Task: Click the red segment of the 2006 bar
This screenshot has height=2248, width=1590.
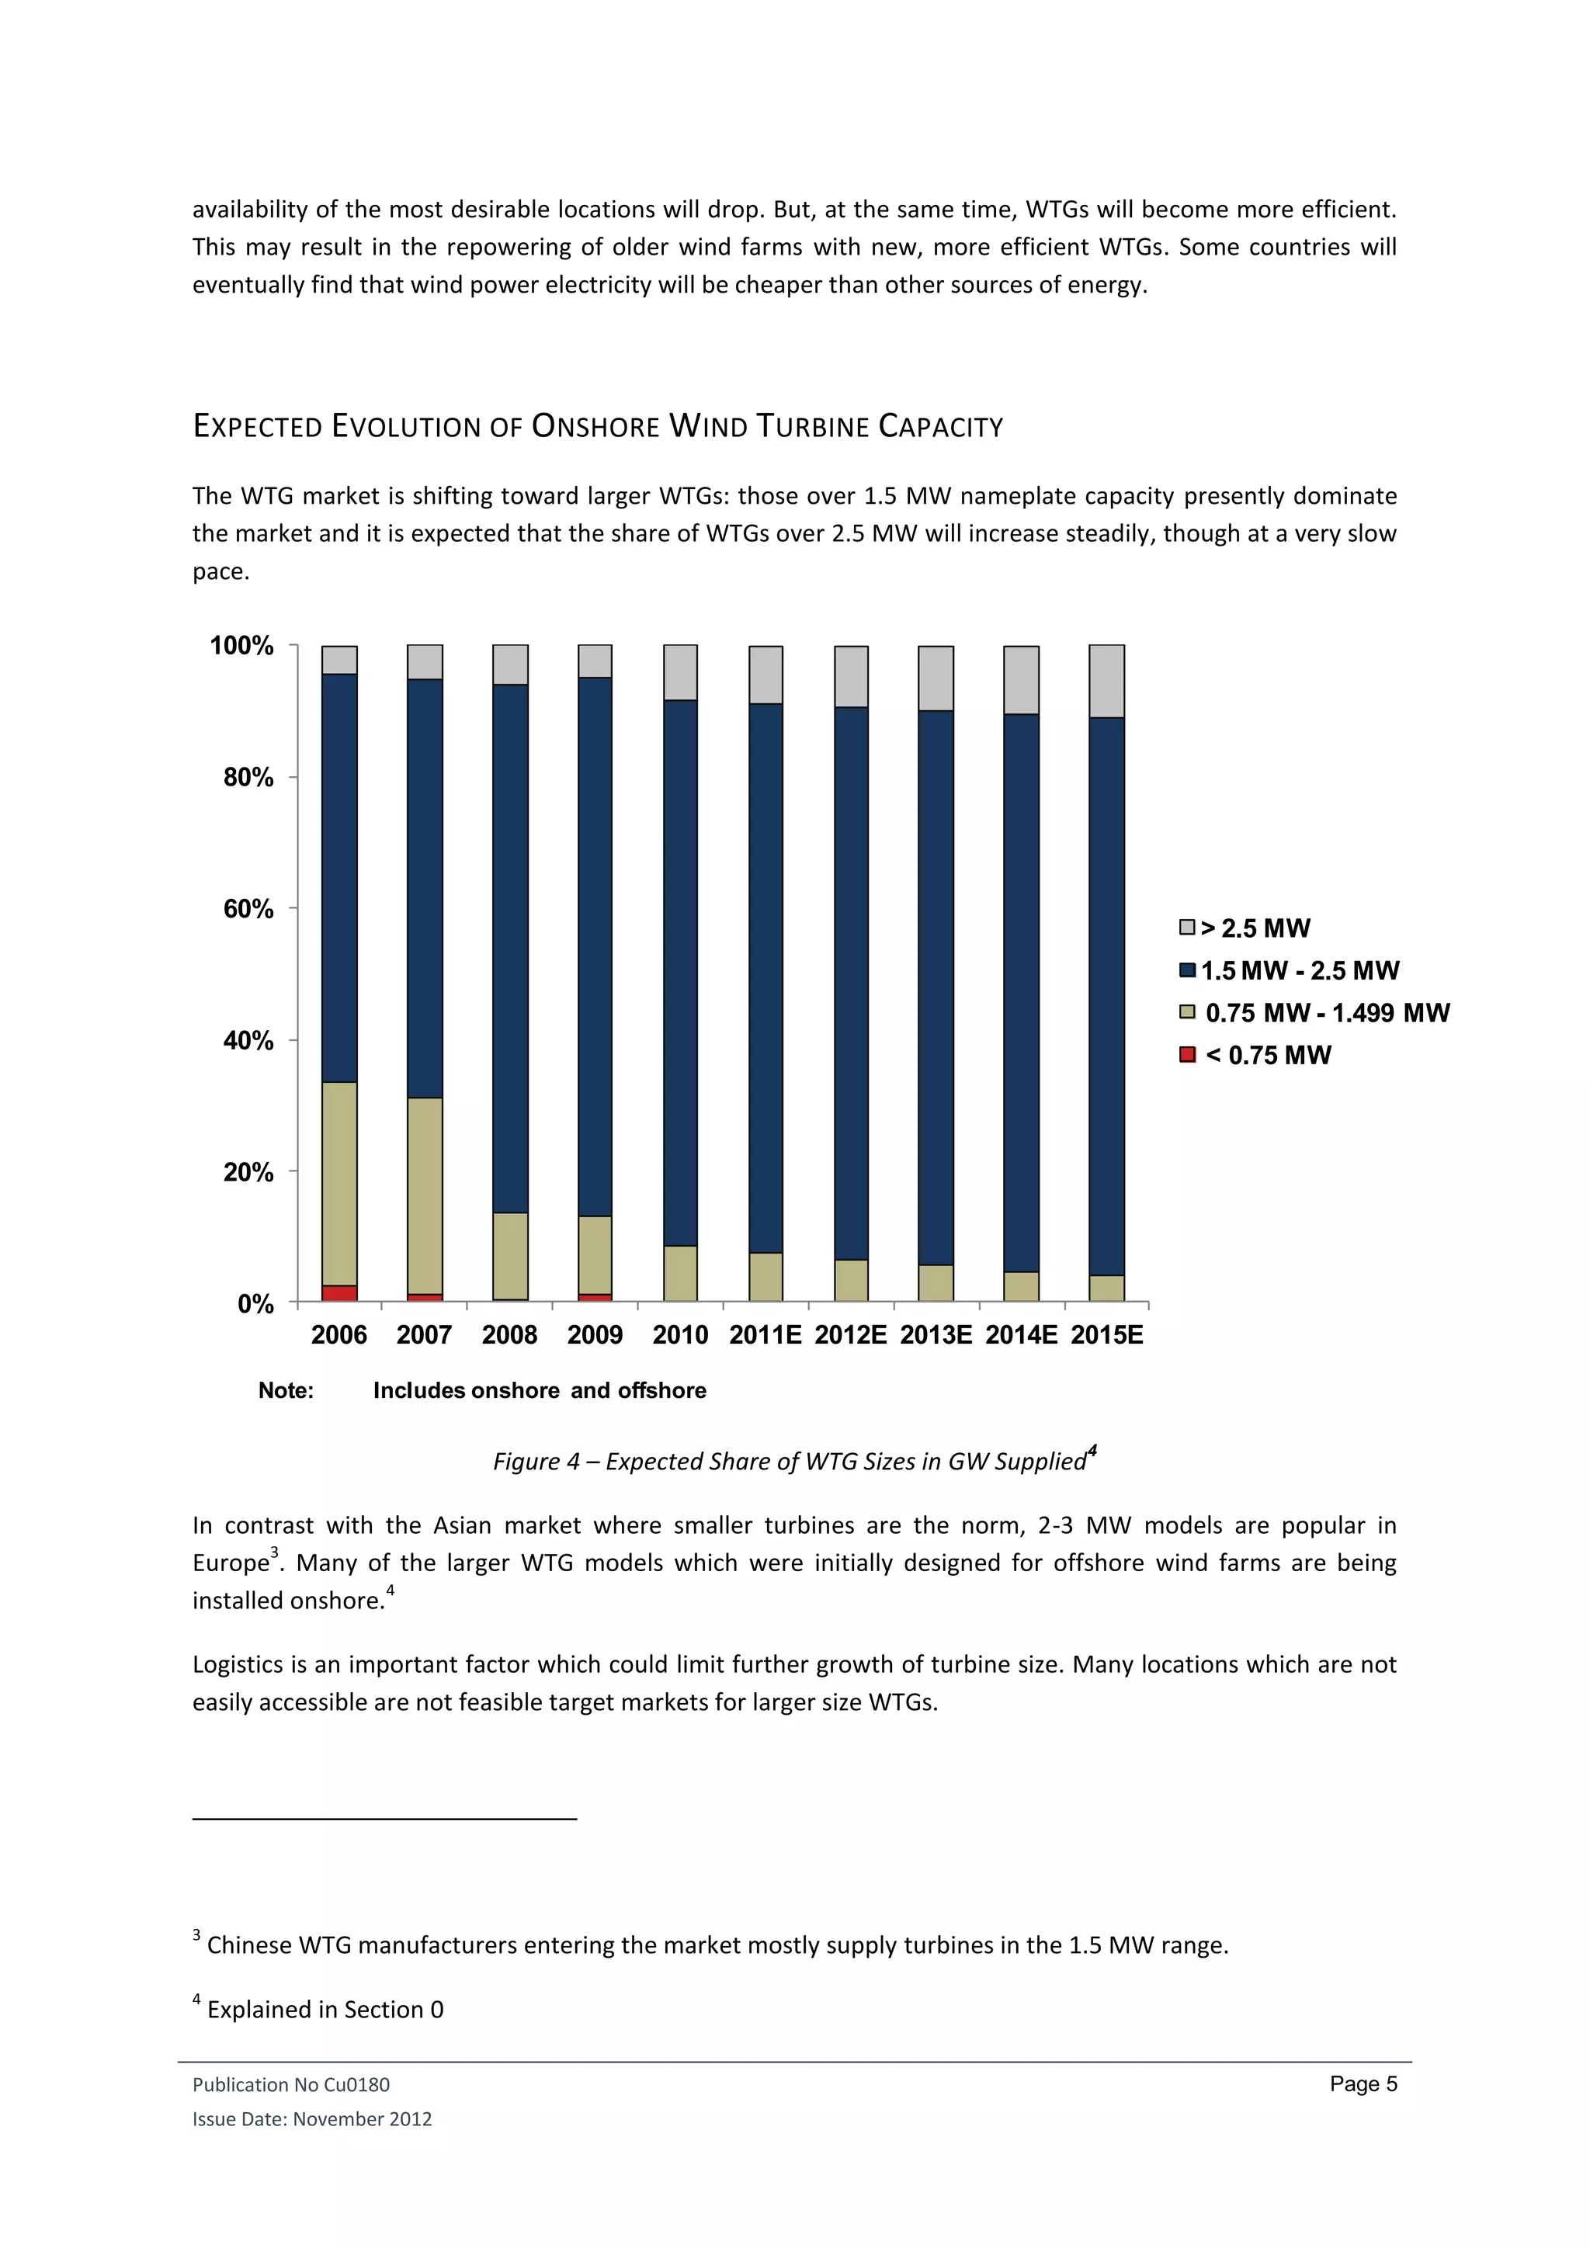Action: click(x=338, y=1293)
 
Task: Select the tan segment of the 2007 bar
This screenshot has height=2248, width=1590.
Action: click(x=425, y=1195)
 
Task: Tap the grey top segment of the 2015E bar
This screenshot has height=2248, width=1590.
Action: click(x=1106, y=682)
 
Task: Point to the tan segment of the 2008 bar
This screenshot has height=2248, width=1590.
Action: click(x=510, y=1256)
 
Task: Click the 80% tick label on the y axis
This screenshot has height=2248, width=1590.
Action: click(x=248, y=777)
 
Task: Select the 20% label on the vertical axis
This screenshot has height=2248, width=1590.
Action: click(x=248, y=1172)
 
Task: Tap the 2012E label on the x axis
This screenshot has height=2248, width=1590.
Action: click(x=851, y=1334)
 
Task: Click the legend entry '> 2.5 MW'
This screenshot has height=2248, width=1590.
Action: click(x=1255, y=928)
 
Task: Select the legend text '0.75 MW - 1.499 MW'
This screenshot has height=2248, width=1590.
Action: click(x=1327, y=1012)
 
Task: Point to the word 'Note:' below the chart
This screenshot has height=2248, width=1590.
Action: click(x=286, y=1390)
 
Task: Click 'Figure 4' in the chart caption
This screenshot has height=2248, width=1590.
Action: click(x=536, y=1462)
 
